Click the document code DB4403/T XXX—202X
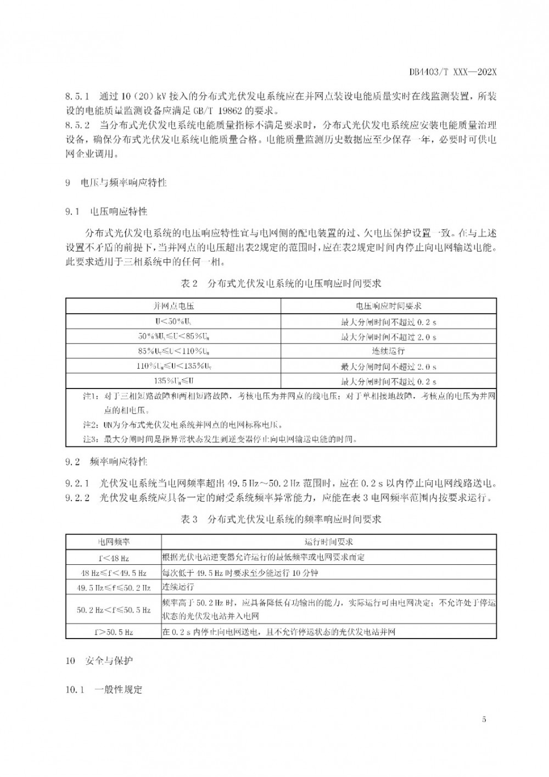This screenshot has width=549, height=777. coord(453,72)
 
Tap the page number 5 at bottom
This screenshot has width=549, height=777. coord(484,719)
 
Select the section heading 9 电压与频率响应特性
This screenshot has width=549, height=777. coord(116,182)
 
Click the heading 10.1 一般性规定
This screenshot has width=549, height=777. coord(104,689)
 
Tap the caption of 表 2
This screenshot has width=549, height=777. coord(281,284)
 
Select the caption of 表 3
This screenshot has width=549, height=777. coord(281,519)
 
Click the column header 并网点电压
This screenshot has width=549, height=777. coord(173,306)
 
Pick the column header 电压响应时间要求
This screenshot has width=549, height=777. coord(388,306)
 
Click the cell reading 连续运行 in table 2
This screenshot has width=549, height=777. coord(388,351)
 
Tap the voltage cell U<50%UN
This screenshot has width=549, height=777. coord(173,321)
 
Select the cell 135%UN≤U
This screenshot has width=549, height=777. coord(173,381)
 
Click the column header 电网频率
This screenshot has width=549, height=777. coord(114,542)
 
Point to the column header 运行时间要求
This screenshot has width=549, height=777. coord(329,542)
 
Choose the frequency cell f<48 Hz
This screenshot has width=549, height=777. coord(114,558)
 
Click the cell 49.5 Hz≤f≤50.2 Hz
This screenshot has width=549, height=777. coord(114,588)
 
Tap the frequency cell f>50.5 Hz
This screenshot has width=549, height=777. coord(114,632)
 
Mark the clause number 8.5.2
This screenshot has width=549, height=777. coord(77,125)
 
